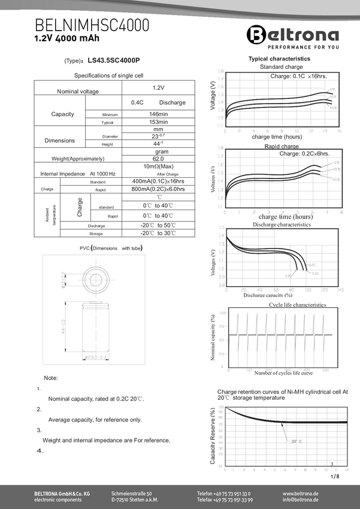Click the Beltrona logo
click(293, 35)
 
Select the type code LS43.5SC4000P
click(113, 60)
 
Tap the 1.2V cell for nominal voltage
click(158, 87)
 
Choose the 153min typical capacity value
click(158, 122)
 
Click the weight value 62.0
click(158, 159)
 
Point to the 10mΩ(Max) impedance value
click(158, 166)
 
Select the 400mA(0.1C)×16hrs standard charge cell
click(158, 181)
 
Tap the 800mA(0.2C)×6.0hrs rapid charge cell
click(158, 189)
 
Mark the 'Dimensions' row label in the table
click(60, 140)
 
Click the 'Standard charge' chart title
click(279, 67)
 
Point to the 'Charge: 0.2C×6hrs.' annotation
click(305, 154)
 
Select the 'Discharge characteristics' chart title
click(282, 225)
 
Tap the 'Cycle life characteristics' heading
click(297, 305)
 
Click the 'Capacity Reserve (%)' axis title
click(212, 435)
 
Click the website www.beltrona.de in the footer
click(300, 493)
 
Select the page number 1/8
click(334, 477)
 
